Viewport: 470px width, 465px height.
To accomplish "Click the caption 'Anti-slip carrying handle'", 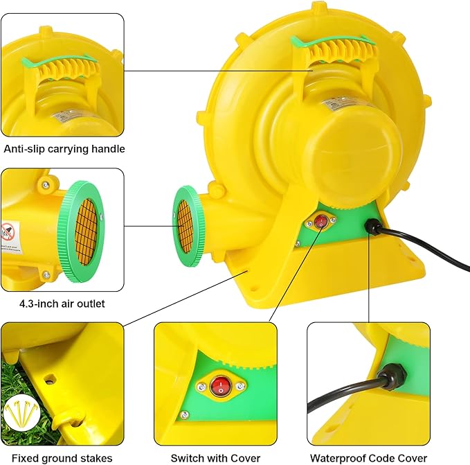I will [64, 148].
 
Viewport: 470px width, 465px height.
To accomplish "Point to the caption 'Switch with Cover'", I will [215, 457].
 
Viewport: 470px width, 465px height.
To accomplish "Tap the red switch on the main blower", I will [320, 222].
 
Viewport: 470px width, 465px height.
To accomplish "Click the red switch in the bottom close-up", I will [220, 386].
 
